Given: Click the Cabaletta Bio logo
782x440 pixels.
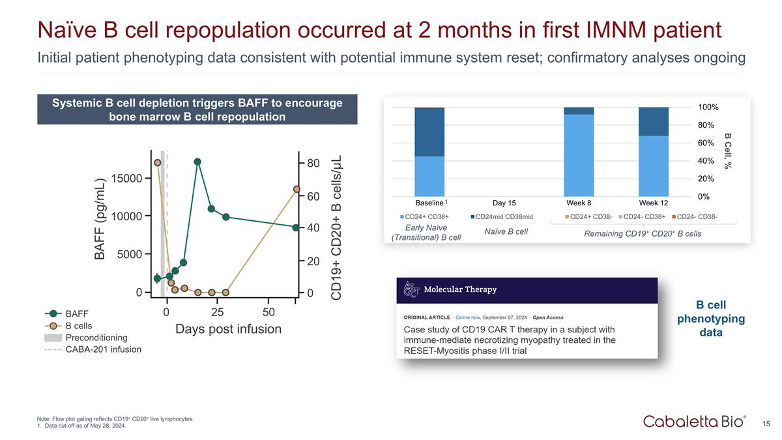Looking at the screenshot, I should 695,422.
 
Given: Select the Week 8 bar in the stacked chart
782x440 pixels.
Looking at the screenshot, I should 579,151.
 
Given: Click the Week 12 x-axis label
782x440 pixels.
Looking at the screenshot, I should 653,203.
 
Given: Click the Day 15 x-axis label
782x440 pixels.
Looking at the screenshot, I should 504,203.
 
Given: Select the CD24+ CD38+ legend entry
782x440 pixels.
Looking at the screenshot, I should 427,216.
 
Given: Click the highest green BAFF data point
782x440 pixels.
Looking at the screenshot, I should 197,162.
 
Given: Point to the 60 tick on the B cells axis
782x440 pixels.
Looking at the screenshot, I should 313,196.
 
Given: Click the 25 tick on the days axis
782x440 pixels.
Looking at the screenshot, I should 217,312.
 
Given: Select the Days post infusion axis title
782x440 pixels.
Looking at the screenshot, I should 228,329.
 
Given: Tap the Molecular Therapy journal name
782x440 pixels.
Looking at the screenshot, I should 460,289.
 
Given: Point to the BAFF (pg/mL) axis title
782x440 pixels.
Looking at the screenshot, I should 100,220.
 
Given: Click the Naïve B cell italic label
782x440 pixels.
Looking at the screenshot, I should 506,231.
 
